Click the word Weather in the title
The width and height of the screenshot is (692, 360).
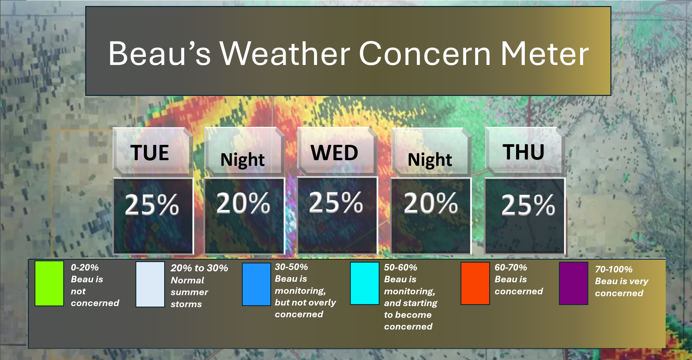[284, 54]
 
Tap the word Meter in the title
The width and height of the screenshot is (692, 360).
[545, 54]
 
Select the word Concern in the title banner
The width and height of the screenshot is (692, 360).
[425, 54]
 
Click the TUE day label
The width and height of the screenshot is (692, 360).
[150, 153]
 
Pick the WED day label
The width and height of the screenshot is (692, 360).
[334, 153]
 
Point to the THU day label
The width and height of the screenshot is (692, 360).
[523, 152]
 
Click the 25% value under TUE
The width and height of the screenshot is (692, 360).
[152, 204]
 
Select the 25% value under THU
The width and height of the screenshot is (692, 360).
[528, 205]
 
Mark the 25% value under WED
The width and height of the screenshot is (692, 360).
[336, 202]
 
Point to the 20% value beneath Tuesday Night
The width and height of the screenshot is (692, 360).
[243, 203]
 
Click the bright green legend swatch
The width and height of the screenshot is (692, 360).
[49, 283]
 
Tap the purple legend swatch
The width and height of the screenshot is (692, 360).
[573, 283]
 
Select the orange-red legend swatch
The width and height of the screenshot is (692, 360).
[475, 283]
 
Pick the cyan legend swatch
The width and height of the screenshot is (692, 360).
[365, 283]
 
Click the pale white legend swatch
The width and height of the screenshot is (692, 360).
[150, 284]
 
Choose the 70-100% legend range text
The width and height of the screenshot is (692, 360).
[613, 269]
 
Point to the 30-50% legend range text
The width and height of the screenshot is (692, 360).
[291, 267]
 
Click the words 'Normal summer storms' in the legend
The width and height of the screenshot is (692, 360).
[189, 292]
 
